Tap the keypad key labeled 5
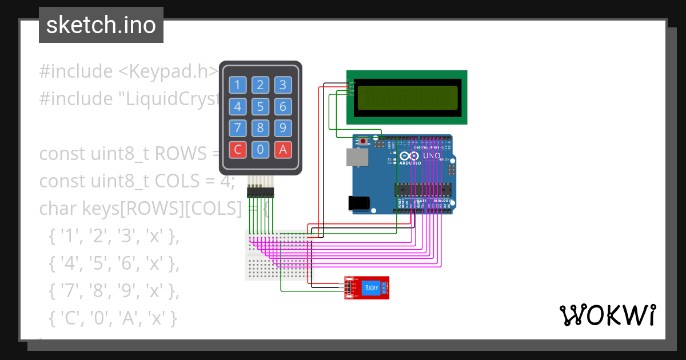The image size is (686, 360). tap(260, 107)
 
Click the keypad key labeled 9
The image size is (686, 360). tap(282, 127)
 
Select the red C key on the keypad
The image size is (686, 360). tap(238, 150)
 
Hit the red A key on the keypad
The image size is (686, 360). tap(282, 150)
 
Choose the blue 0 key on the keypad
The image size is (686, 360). tap(260, 150)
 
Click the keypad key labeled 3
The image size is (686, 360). tap(282, 86)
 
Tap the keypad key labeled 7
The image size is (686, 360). tap(238, 127)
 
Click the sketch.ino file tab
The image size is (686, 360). tap(101, 25)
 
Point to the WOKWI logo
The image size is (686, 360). tap(607, 315)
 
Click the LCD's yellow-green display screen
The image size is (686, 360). tap(407, 97)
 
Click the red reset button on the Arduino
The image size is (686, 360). tap(362, 141)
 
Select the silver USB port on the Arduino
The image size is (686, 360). tap(356, 157)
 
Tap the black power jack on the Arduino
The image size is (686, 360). tap(358, 203)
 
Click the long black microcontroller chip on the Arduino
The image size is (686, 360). tap(423, 189)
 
